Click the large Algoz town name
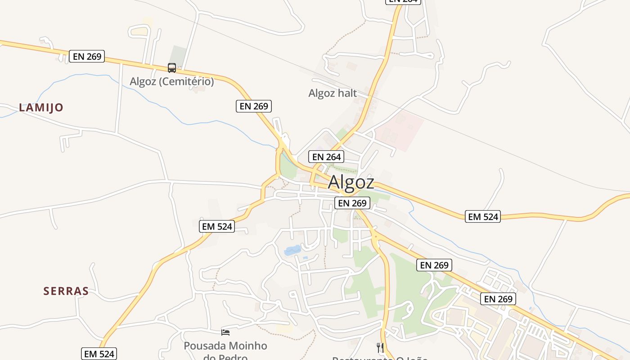tap(351, 182)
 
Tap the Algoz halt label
tap(333, 93)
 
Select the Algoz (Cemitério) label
tap(172, 81)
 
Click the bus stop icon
tap(172, 68)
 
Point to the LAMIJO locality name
tap(41, 108)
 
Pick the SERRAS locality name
tap(66, 291)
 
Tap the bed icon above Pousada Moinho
tap(225, 333)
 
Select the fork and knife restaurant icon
tap(380, 347)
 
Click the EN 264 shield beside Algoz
tap(327, 157)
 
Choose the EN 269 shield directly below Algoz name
tap(352, 203)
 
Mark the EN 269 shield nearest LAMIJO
tap(87, 56)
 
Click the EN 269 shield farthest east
tap(498, 299)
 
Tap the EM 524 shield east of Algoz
tap(483, 216)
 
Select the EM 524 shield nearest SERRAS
tap(99, 354)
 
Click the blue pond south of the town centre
tap(292, 250)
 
